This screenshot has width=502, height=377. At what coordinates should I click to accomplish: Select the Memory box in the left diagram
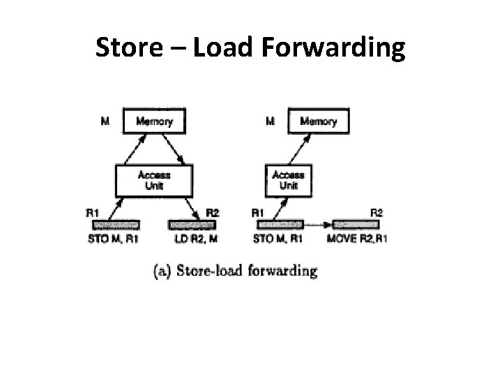[154, 121]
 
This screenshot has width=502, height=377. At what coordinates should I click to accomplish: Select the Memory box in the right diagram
[318, 121]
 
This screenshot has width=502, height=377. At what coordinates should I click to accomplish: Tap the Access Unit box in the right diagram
[287, 180]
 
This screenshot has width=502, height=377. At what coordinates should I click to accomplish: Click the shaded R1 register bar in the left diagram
[116, 225]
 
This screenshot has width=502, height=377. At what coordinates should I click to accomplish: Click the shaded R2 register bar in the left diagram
[192, 225]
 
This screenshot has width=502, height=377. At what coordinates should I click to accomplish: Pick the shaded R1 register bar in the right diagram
[280, 225]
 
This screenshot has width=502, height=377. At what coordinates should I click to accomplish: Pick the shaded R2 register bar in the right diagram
[356, 225]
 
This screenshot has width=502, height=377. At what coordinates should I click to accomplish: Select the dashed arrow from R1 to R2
[318, 225]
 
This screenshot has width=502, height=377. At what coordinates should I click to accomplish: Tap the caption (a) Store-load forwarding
[235, 271]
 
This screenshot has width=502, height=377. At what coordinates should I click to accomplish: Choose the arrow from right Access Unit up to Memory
[301, 149]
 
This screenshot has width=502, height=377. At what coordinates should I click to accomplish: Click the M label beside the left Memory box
[105, 121]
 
